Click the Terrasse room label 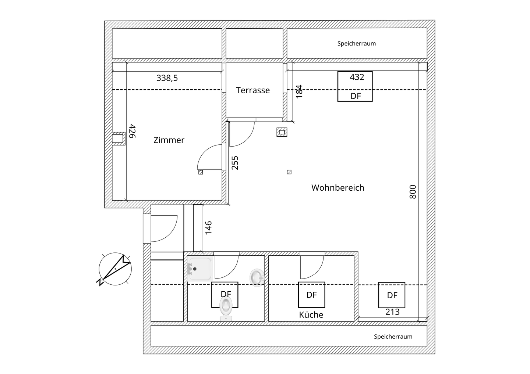253,90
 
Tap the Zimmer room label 169,140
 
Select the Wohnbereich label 338,188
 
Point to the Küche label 311,315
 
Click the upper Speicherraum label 356,43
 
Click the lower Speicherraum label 393,337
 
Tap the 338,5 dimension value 167,78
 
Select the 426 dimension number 132,131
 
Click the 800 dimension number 413,192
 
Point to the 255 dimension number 235,163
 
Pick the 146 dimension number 208,228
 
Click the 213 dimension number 392,312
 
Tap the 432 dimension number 357,77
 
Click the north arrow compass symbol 115,269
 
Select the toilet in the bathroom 226,308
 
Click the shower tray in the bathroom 200,269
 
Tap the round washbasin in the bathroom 257,277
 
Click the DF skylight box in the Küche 311,295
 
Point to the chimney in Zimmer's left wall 118,139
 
